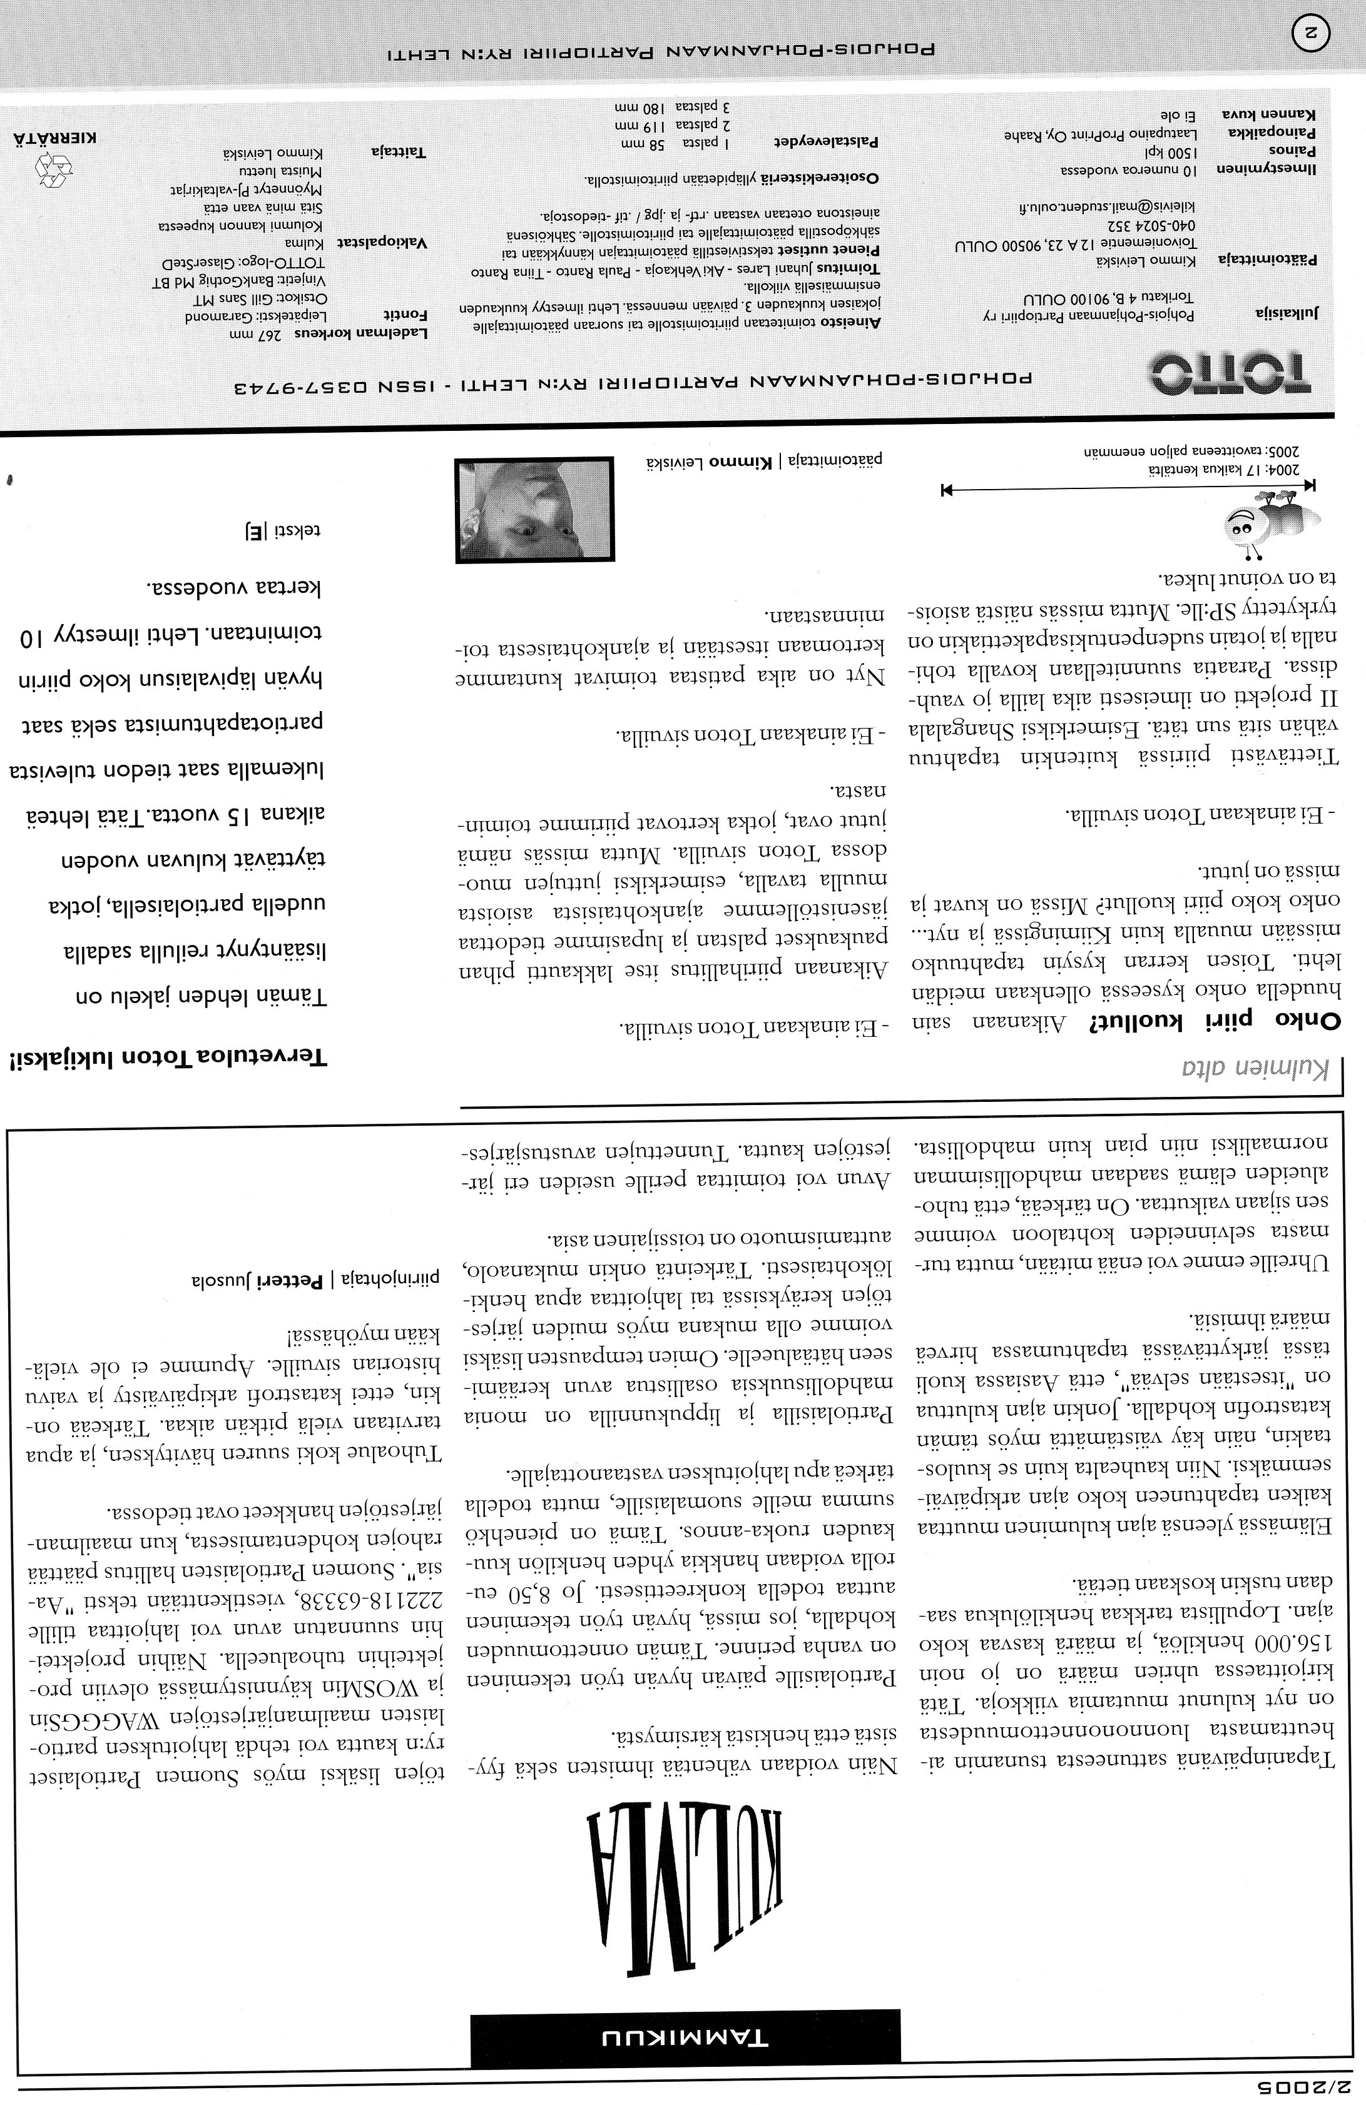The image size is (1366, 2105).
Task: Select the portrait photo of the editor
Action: coord(534,510)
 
